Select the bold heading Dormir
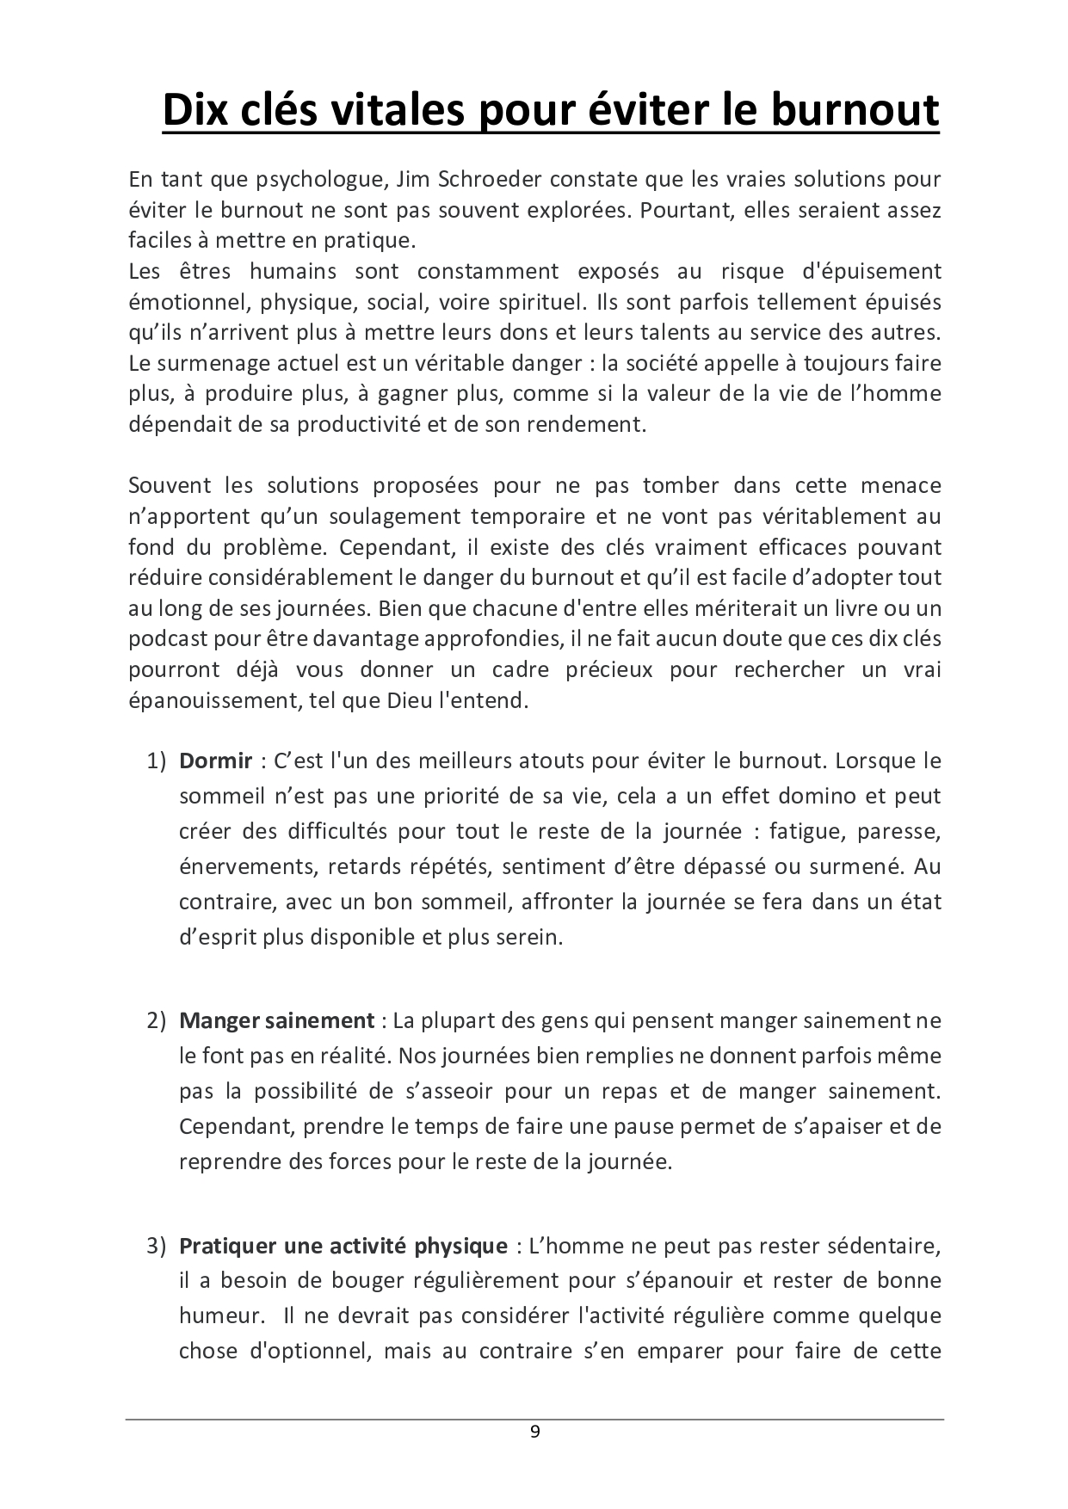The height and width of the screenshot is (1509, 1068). (x=215, y=761)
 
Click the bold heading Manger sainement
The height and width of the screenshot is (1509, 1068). (x=276, y=1020)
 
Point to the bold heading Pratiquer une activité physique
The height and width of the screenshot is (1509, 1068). (x=343, y=1245)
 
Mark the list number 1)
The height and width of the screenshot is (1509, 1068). (x=155, y=761)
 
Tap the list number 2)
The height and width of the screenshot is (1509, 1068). (x=155, y=1020)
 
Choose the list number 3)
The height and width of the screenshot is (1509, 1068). (x=155, y=1245)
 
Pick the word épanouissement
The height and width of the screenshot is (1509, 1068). (x=209, y=699)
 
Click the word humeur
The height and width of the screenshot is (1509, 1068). (x=219, y=1315)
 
